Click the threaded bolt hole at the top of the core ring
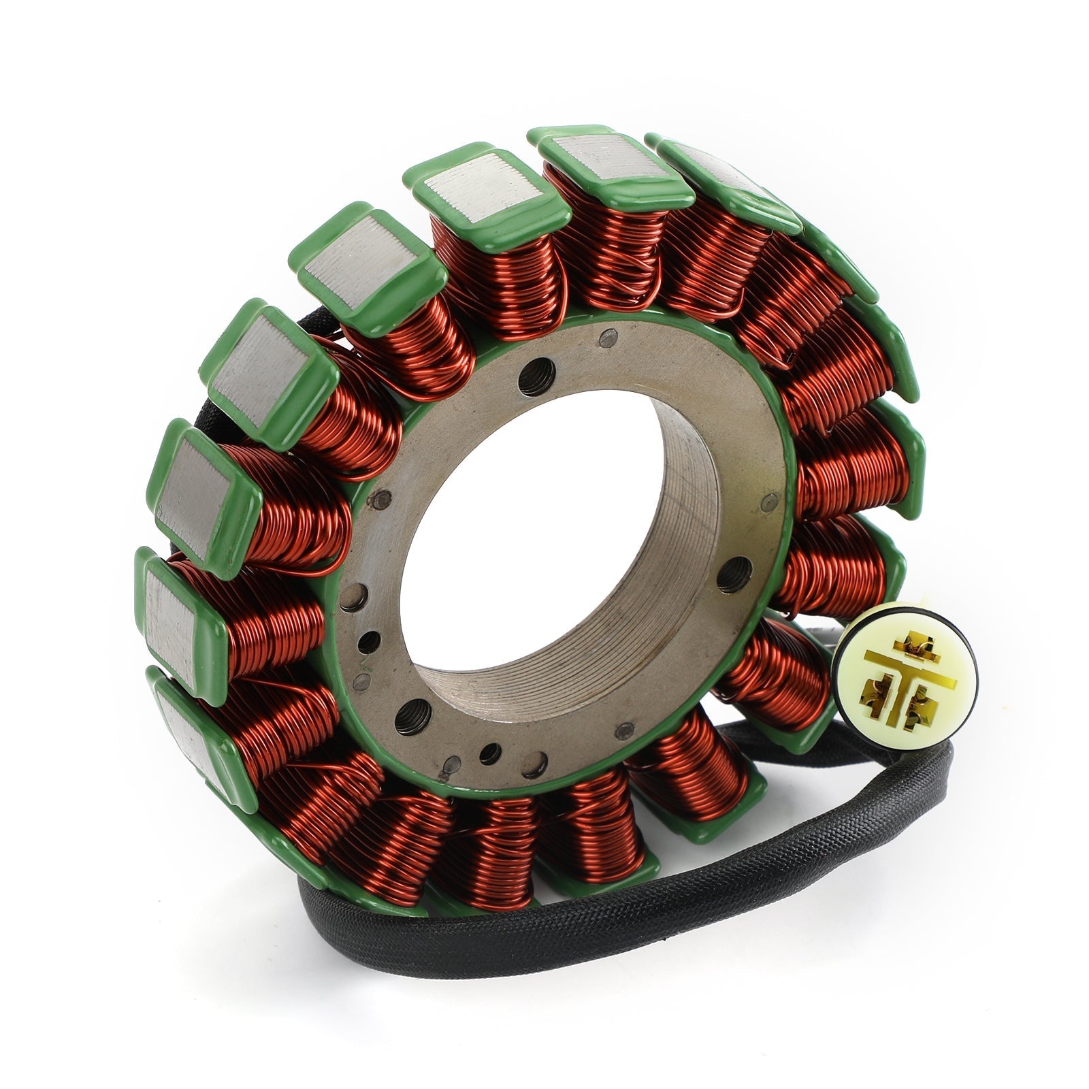click(532, 380)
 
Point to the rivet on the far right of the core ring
click(770, 504)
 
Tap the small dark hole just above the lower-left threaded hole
click(369, 640)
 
